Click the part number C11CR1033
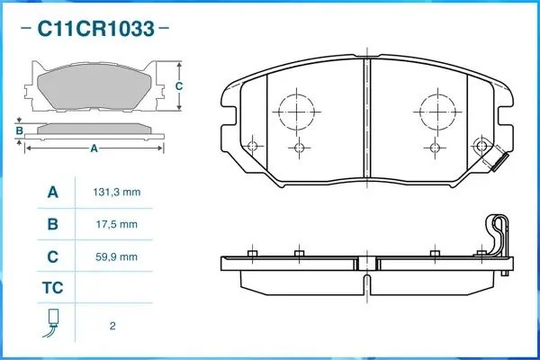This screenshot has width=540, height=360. pos(95,29)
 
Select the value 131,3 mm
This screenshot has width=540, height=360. pos(117,192)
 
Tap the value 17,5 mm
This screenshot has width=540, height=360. pos(117,224)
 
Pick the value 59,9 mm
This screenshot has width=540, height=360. pos(117,256)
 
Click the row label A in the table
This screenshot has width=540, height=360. pos(53,192)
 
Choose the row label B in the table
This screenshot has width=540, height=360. pos(53,224)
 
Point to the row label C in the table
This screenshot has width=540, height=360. pos(53,256)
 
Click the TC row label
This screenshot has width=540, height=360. pos(53,287)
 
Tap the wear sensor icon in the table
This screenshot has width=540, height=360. pos(52,323)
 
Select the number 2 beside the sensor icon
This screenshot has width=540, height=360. pos(112,326)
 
